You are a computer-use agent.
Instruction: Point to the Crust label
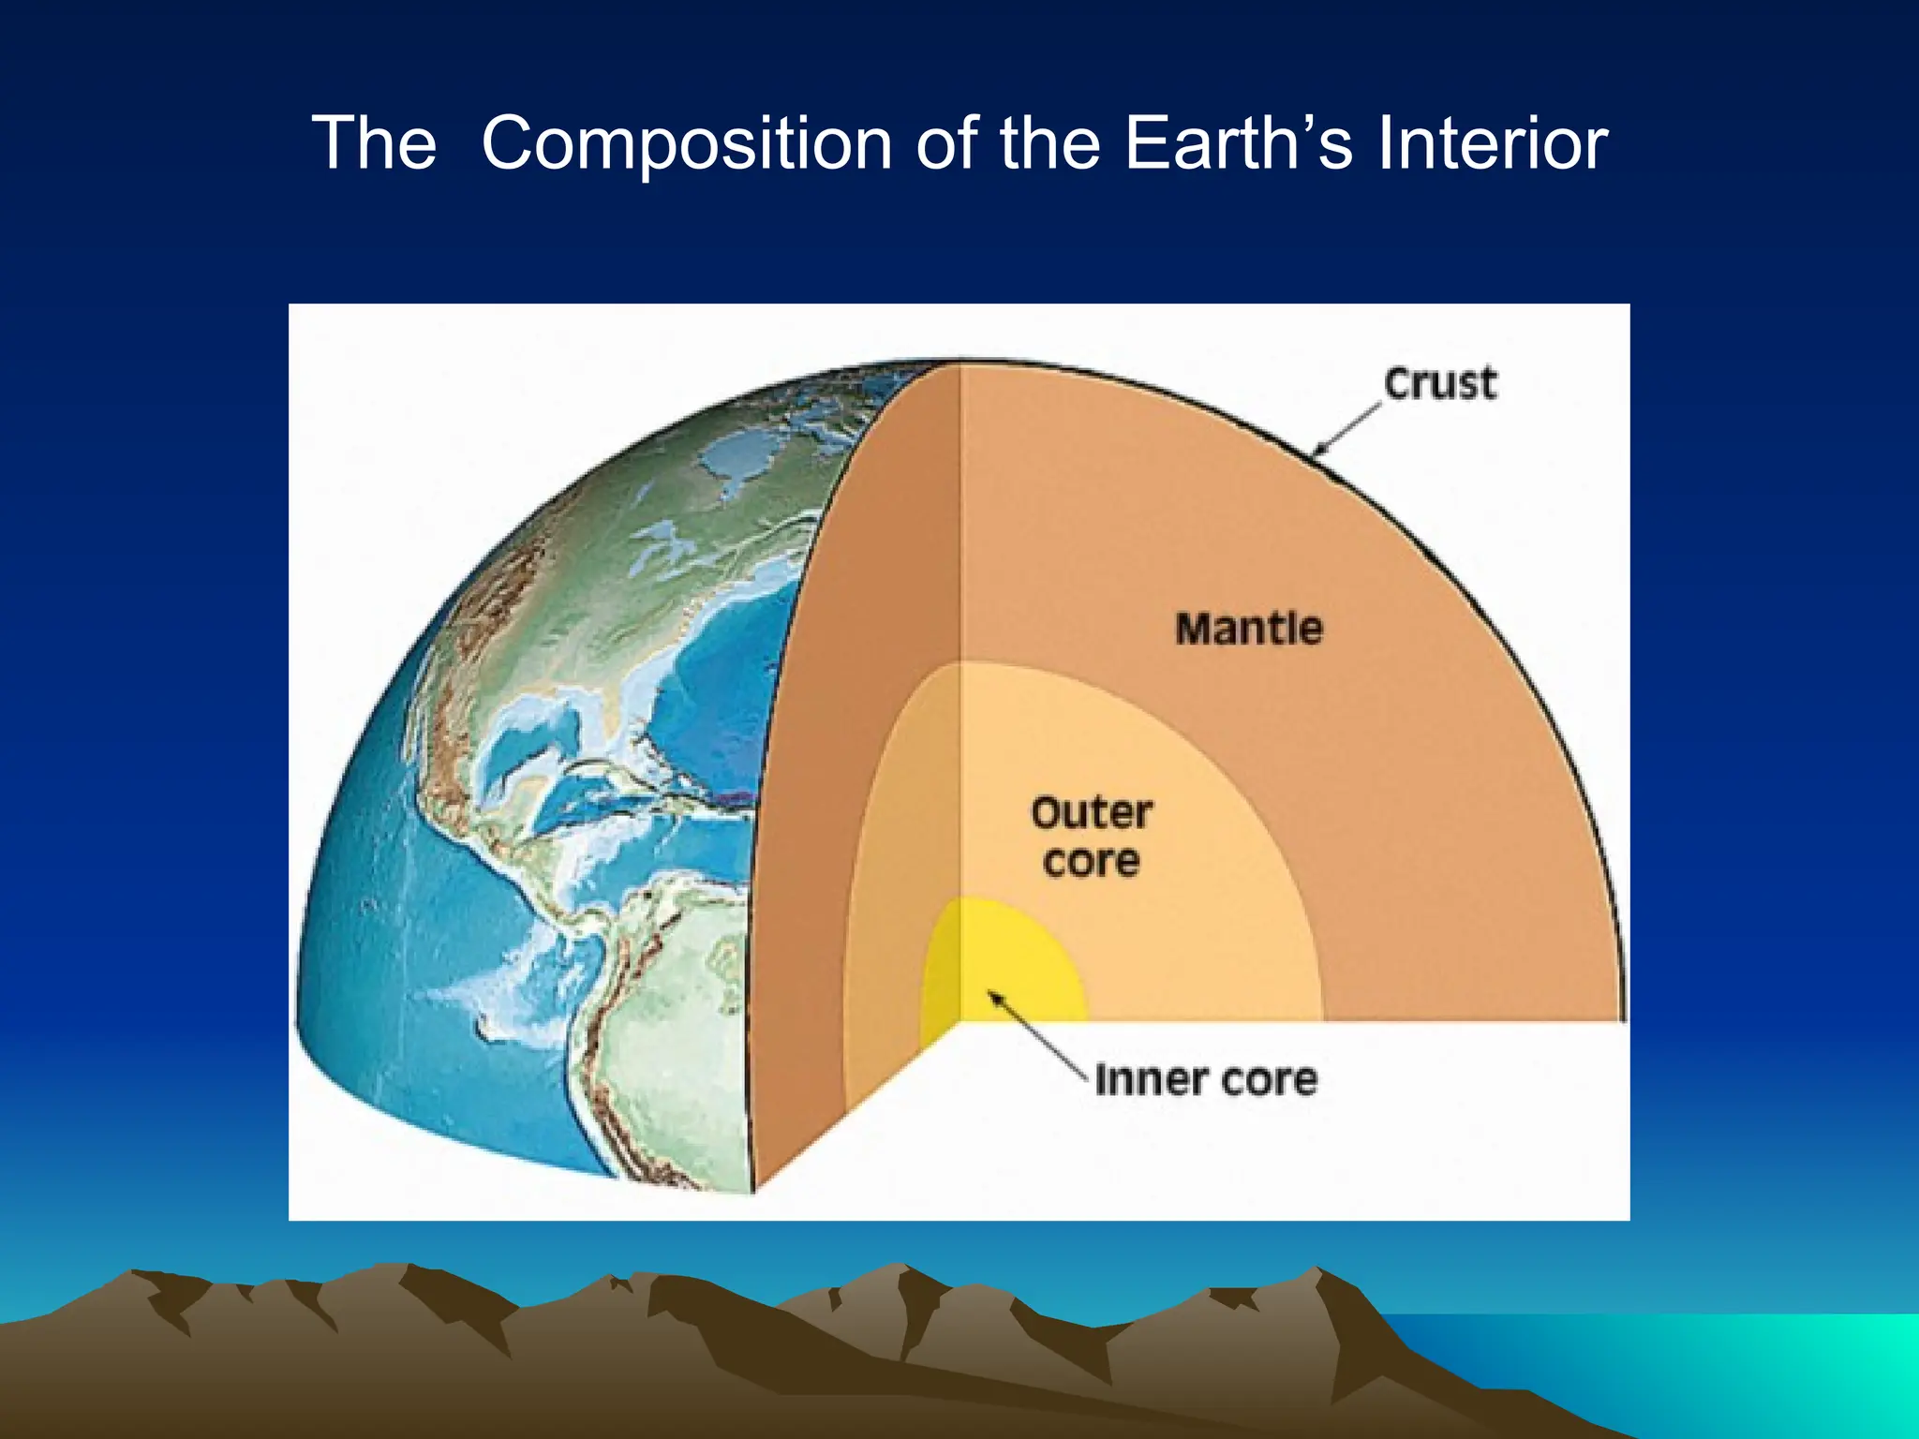point(1440,384)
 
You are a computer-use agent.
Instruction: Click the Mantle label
point(1249,629)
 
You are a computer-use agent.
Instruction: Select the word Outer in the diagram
point(1092,813)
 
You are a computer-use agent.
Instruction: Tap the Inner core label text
point(1206,1080)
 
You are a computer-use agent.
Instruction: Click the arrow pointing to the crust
point(1346,431)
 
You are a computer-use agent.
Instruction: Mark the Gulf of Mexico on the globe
point(525,740)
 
